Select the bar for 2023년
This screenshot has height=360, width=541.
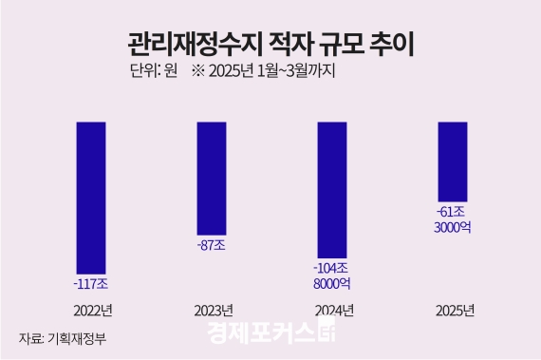[212, 179]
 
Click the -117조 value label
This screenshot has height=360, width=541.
[92, 283]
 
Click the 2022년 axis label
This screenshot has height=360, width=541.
[92, 311]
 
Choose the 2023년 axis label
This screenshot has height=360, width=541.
[213, 311]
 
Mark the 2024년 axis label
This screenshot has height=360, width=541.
[333, 311]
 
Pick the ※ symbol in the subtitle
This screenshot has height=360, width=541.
[198, 71]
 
